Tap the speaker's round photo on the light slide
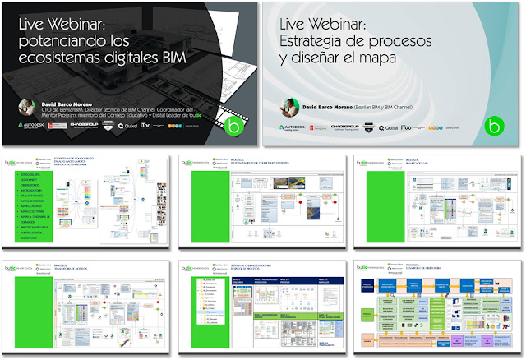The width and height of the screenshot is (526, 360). (289, 104)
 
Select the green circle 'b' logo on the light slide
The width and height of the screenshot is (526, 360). (493, 126)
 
